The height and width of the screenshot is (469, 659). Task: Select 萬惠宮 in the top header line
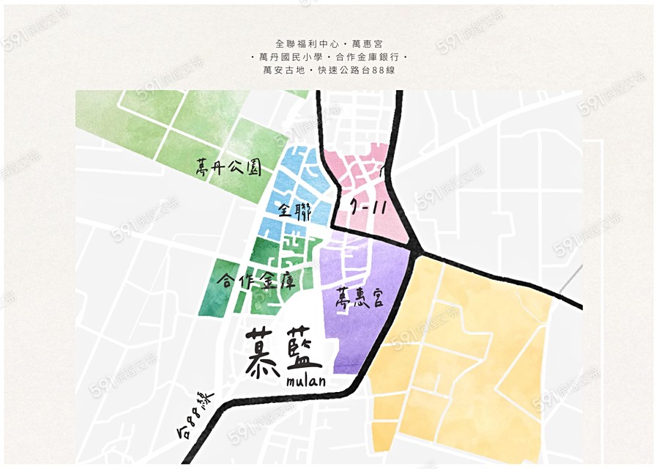[368, 44]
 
